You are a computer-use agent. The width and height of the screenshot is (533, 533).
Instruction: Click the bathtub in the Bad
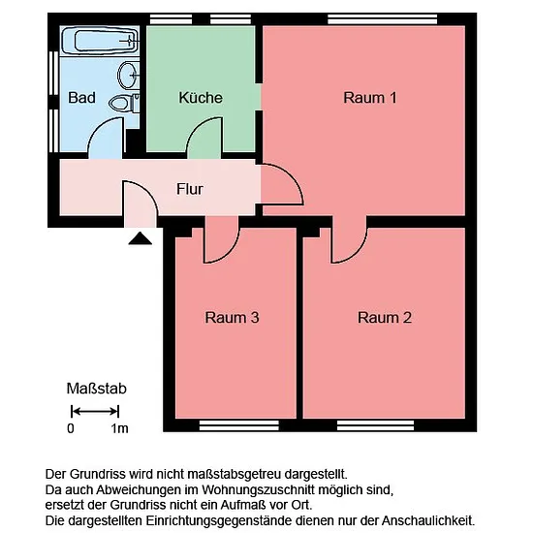(x=100, y=41)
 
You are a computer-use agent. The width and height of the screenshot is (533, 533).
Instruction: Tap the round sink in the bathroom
(x=129, y=76)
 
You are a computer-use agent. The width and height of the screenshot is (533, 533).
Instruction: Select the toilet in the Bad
(x=124, y=103)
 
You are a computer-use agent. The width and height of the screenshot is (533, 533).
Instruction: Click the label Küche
(x=201, y=98)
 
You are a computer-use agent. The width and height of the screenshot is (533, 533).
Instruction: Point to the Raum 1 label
(x=370, y=98)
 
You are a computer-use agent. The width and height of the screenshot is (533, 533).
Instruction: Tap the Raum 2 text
(x=385, y=318)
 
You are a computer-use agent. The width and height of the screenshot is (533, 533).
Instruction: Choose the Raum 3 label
(x=232, y=318)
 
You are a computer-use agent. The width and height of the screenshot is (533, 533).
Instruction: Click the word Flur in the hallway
(x=190, y=189)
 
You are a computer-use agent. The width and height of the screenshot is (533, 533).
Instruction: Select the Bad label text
(x=81, y=98)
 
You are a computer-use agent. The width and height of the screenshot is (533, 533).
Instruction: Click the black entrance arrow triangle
(x=141, y=238)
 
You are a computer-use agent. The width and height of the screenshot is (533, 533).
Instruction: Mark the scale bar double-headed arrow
(x=95, y=412)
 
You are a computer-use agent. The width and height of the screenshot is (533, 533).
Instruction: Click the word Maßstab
(x=97, y=389)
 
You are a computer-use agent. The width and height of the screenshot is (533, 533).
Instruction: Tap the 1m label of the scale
(x=119, y=428)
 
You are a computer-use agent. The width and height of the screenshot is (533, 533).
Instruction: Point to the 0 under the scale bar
(x=71, y=428)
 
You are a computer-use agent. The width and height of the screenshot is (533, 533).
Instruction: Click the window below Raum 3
(x=239, y=425)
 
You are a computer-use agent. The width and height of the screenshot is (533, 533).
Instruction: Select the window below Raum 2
(x=376, y=425)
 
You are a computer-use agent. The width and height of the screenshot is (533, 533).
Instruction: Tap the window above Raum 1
(x=383, y=19)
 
